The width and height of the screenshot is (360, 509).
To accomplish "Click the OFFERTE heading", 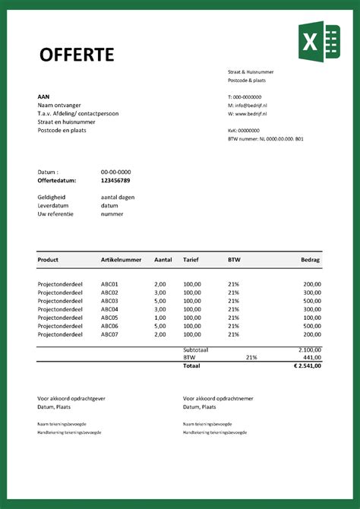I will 76,54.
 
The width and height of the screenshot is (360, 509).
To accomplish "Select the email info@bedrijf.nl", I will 249,106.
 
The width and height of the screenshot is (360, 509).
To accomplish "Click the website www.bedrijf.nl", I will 249,114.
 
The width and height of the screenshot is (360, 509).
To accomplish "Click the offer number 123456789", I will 115,181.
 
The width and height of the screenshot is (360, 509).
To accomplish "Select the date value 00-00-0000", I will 115,172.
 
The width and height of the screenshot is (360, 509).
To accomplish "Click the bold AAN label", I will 44,96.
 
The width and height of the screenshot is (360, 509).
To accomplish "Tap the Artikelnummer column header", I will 121,260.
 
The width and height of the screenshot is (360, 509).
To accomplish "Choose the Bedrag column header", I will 311,260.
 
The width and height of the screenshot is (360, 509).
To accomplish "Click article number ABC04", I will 109,309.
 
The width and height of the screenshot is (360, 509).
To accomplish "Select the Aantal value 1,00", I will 159,318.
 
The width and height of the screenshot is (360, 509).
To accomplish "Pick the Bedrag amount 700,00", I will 312,334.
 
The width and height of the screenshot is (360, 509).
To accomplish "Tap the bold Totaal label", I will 192,365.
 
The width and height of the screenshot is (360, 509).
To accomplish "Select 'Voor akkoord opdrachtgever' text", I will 73,398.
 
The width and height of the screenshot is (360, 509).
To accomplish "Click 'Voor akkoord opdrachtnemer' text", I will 218,398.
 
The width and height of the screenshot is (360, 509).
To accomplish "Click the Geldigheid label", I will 52,197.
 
